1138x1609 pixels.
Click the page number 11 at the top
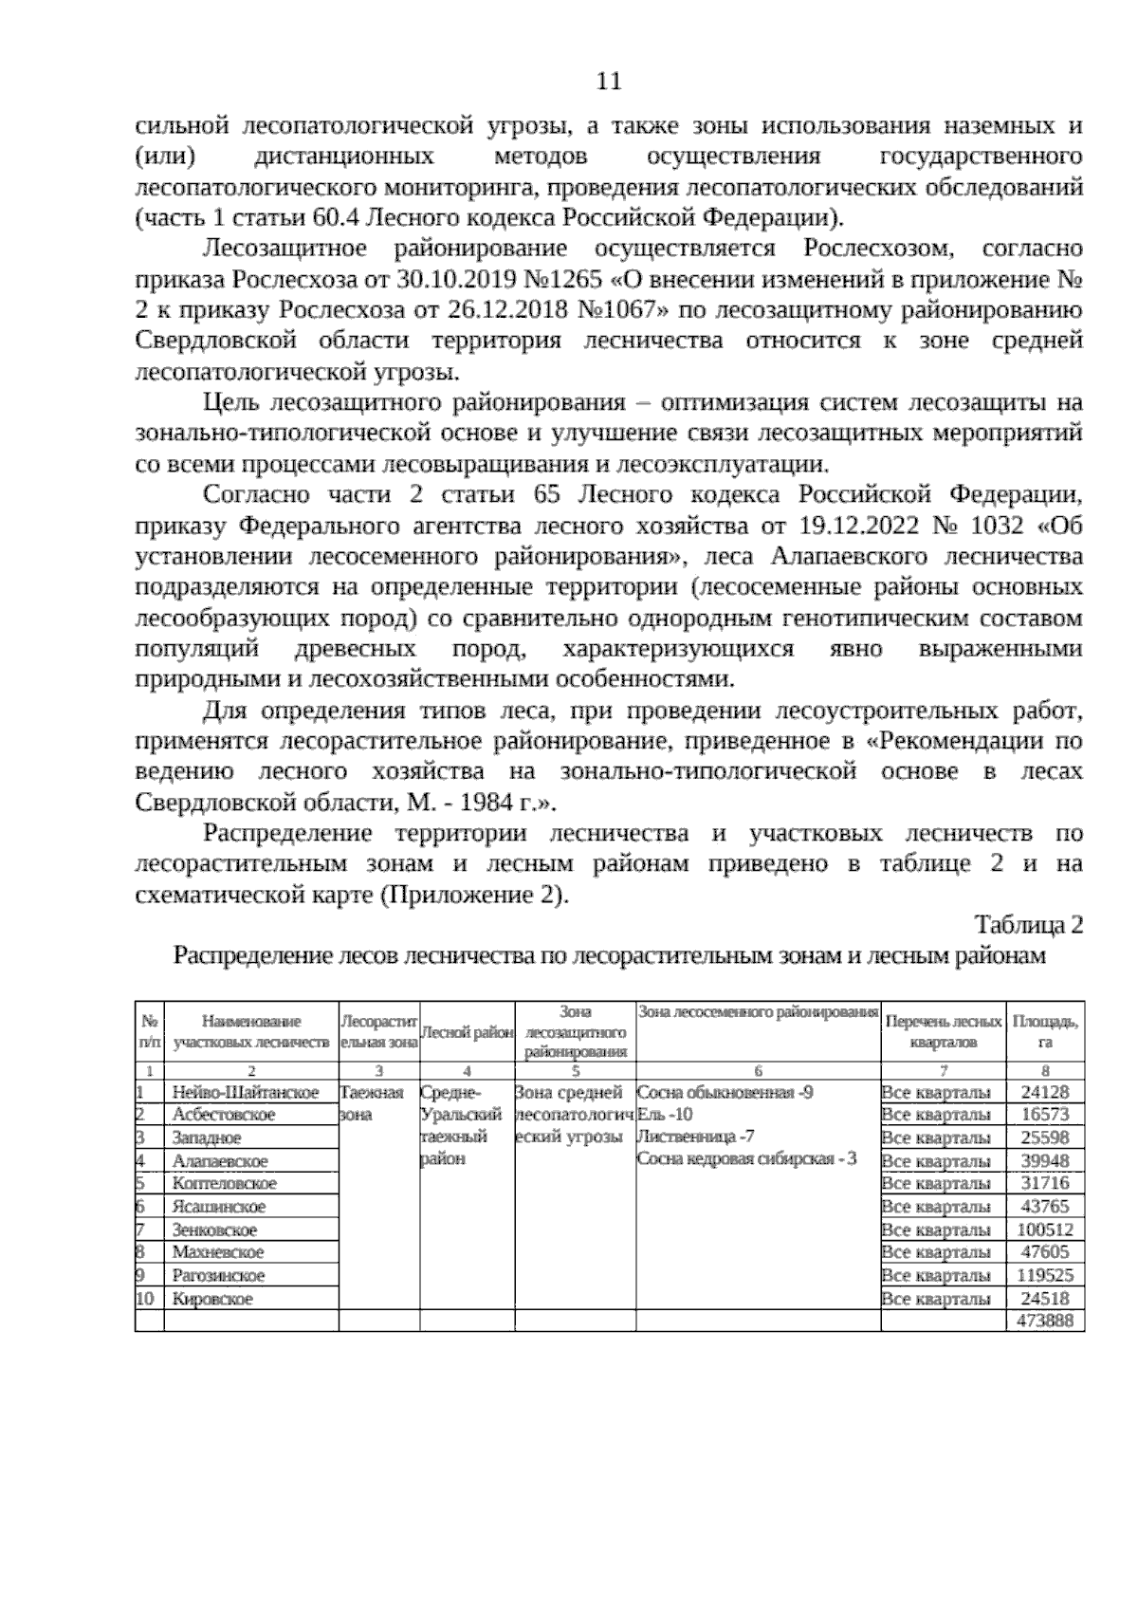click(608, 82)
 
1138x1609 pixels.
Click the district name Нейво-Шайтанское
click(246, 1092)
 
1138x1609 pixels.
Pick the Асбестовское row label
click(224, 1115)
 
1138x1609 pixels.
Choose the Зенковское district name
click(214, 1230)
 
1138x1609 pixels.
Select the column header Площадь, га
click(1045, 1031)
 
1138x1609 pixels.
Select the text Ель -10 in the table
click(666, 1115)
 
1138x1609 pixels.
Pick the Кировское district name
click(212, 1299)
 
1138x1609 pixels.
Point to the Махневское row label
click(218, 1252)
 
